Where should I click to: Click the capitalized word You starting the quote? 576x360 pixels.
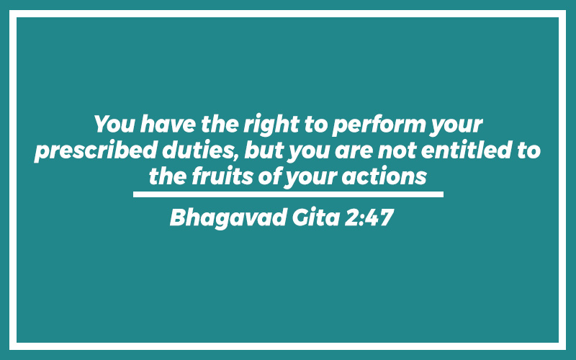[x=114, y=124]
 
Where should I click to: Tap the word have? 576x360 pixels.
[x=168, y=124]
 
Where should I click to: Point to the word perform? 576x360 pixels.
[x=379, y=125]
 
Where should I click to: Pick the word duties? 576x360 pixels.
[x=201, y=150]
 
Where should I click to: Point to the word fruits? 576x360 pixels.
[x=222, y=176]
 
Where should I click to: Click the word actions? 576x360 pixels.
[x=384, y=176]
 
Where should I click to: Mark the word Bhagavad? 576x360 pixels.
[x=228, y=218]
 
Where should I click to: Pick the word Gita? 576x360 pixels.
[x=315, y=217]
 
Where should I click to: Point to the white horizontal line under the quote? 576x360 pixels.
[x=288, y=194]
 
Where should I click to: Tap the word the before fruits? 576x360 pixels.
[x=168, y=176]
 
